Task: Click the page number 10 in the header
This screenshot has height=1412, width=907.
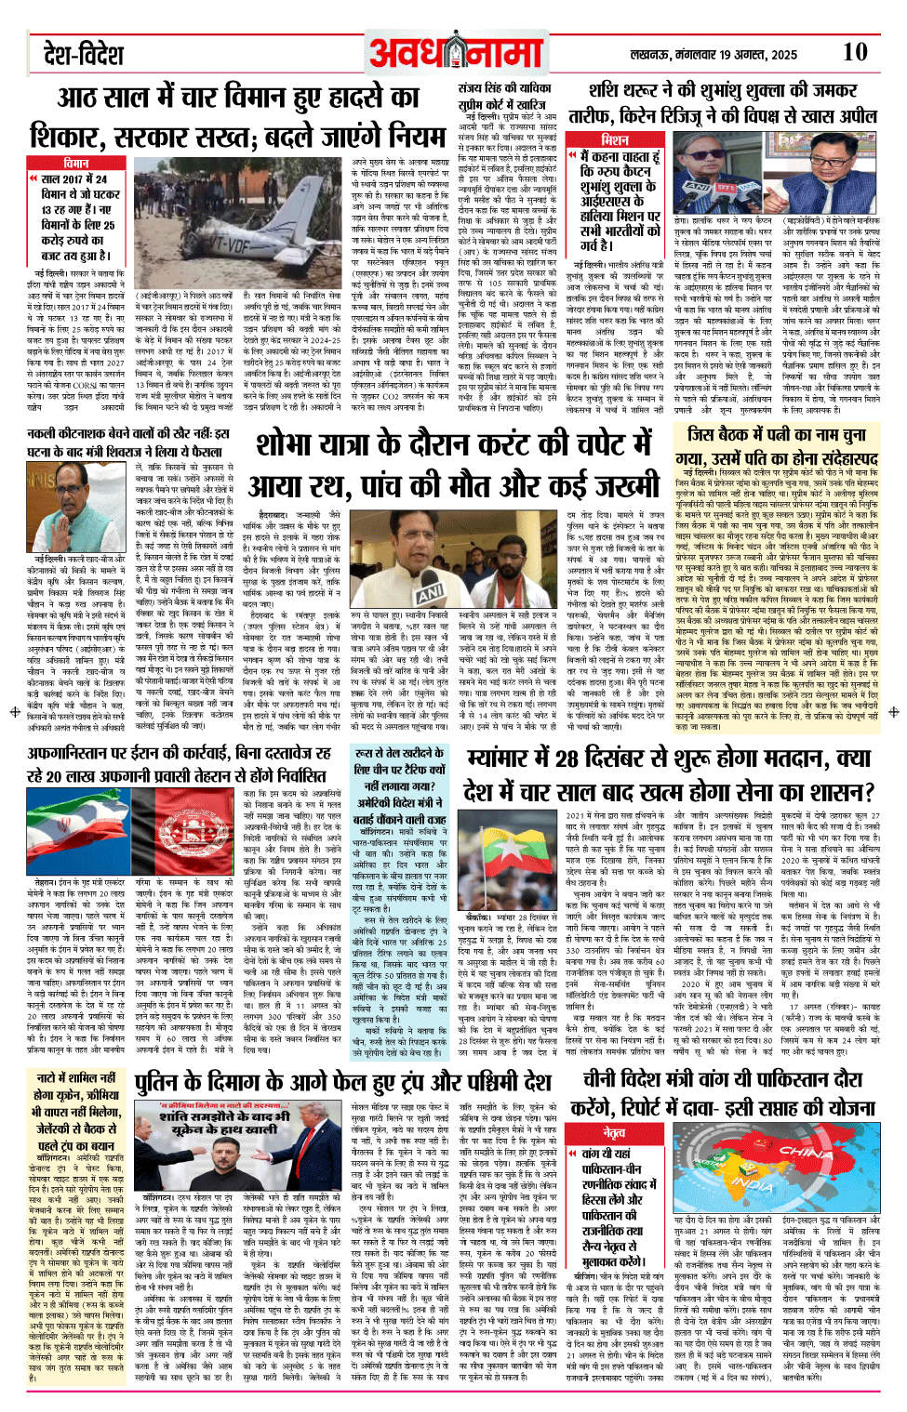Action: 854,52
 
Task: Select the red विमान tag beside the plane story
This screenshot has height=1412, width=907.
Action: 75,163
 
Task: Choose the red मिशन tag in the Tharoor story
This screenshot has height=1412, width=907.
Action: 614,139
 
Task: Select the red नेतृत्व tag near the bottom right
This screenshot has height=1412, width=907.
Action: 614,1132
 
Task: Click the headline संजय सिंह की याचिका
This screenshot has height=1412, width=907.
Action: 505,87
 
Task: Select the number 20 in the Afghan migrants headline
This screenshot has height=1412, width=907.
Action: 51,777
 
